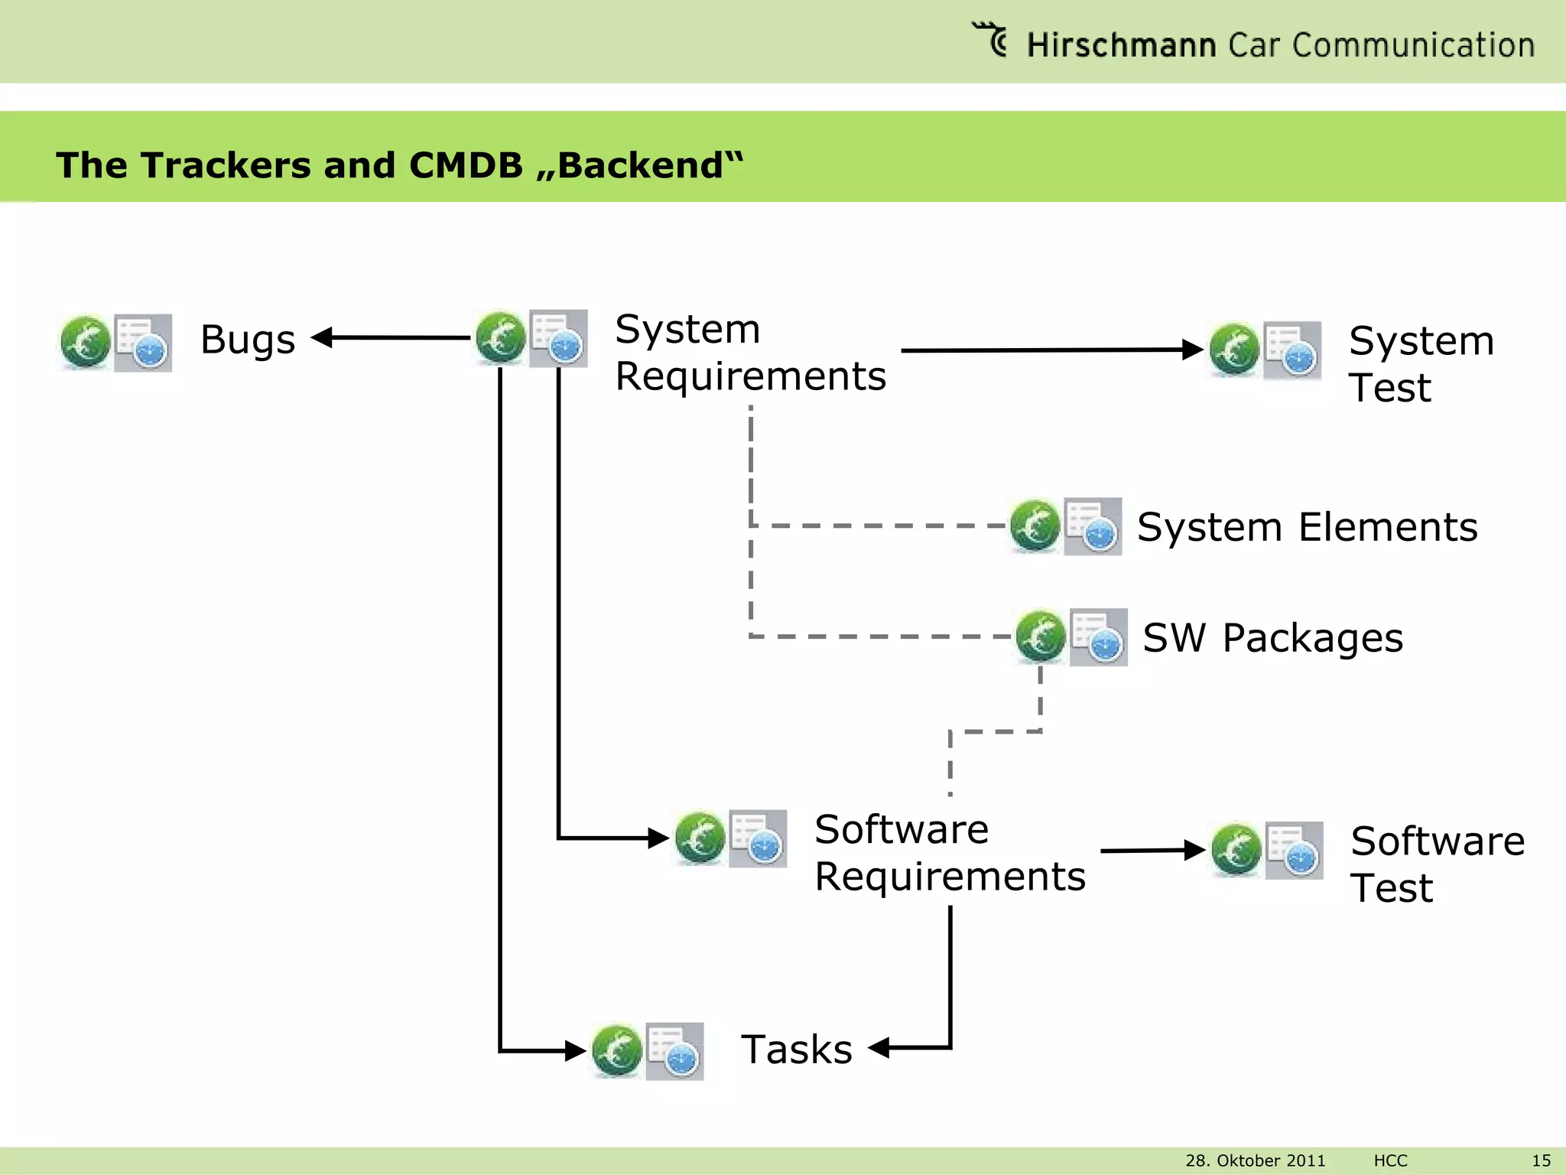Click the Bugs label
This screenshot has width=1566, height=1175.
[248, 340]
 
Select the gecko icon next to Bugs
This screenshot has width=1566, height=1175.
[85, 342]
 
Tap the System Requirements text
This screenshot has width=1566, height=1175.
[749, 353]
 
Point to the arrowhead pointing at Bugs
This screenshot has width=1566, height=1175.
[322, 337]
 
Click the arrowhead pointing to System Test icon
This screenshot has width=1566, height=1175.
[1193, 350]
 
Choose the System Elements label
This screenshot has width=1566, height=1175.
[1307, 527]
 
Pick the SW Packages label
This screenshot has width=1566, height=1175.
[1272, 638]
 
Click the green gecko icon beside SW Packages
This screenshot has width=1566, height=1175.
[1041, 636]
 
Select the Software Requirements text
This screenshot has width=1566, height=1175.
[949, 853]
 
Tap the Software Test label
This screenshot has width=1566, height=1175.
[1437, 864]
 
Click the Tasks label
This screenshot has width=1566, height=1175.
[797, 1050]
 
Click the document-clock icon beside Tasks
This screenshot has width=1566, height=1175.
[674, 1051]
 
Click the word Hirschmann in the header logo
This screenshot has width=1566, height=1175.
[1120, 46]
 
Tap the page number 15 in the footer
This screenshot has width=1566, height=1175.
[1541, 1160]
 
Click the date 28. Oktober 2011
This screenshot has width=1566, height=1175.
[1255, 1160]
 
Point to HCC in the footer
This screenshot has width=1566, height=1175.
[1390, 1160]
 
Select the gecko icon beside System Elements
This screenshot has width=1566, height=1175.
[1035, 526]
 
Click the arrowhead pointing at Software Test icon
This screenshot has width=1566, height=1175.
[1195, 850]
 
